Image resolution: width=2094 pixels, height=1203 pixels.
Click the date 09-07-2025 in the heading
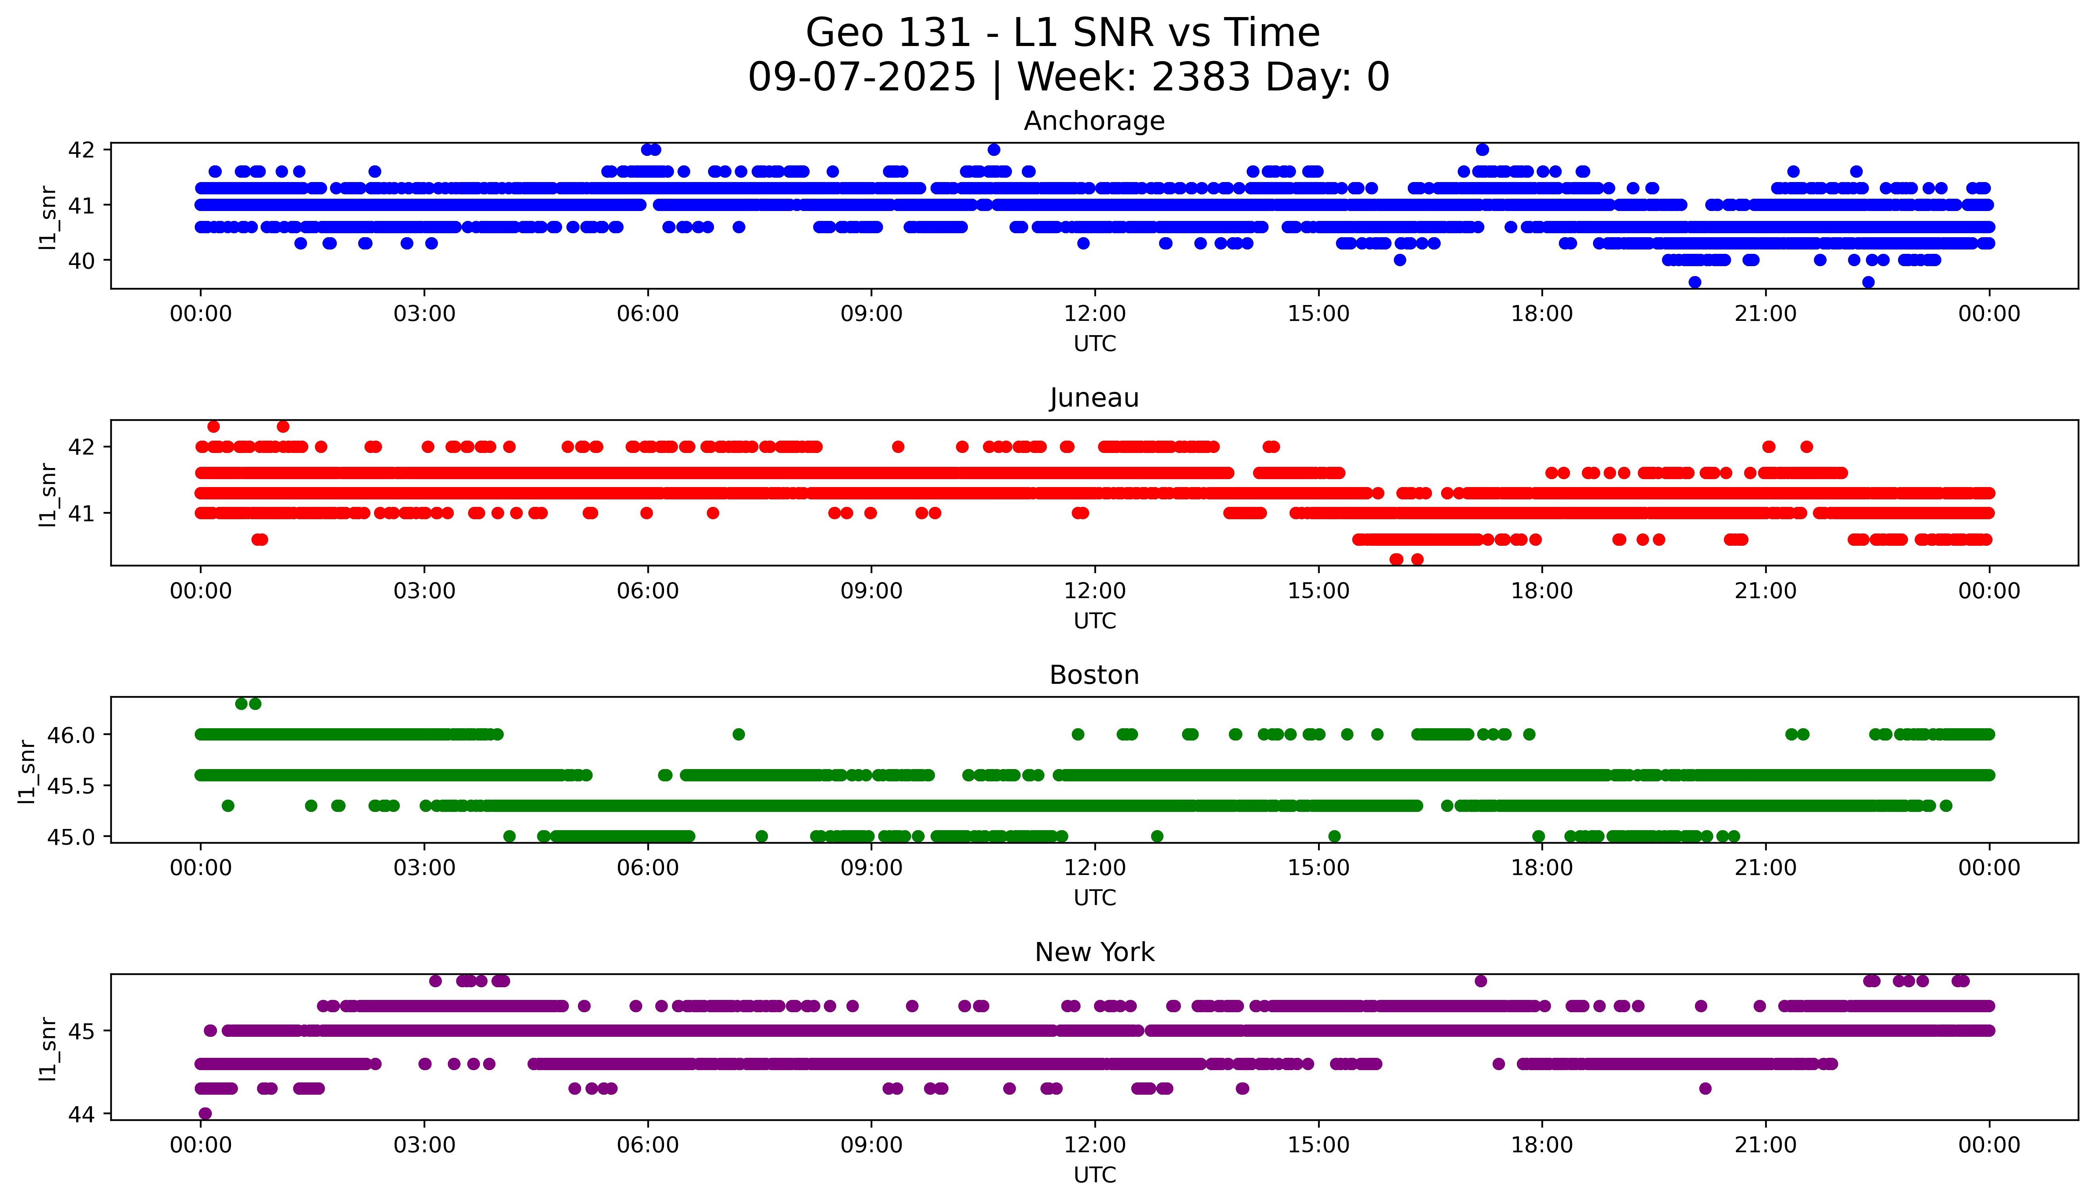pyautogui.click(x=862, y=78)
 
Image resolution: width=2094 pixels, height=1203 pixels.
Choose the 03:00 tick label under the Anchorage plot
pyautogui.click(x=424, y=314)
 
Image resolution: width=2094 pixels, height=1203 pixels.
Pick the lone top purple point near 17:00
pyautogui.click(x=1480, y=981)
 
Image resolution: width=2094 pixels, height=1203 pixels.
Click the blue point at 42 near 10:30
pyautogui.click(x=994, y=150)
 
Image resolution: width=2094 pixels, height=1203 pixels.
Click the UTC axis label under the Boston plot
pyautogui.click(x=1094, y=897)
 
